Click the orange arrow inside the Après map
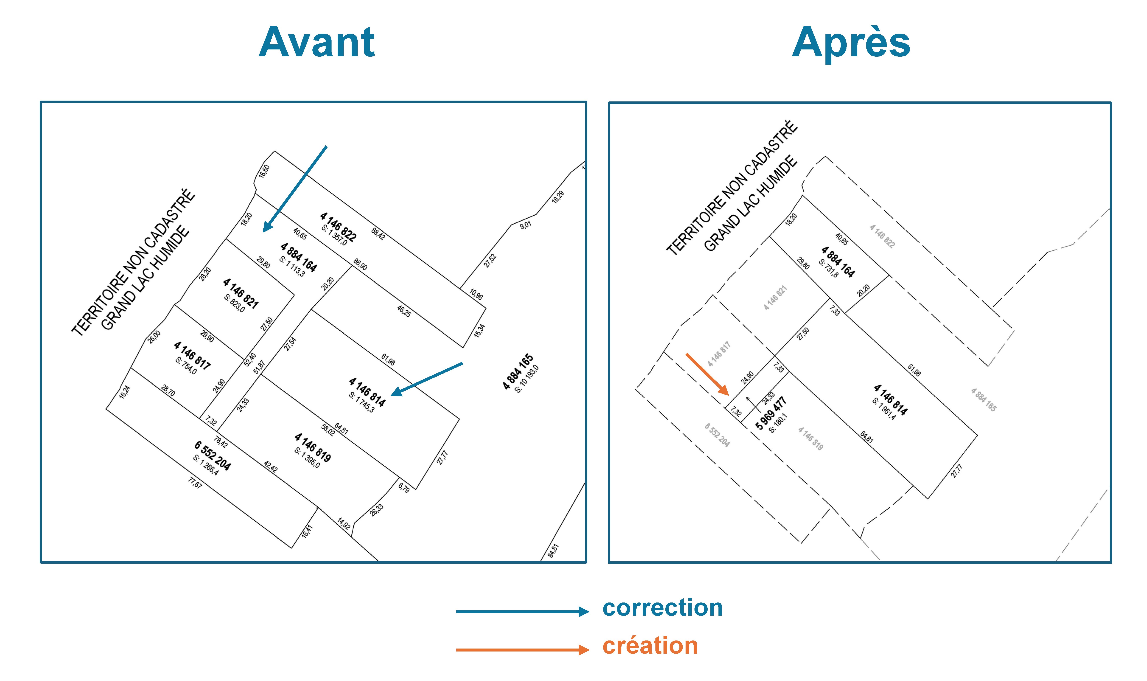[707, 374]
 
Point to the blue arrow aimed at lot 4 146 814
[427, 379]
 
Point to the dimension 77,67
[195, 483]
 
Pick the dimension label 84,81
[553, 550]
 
